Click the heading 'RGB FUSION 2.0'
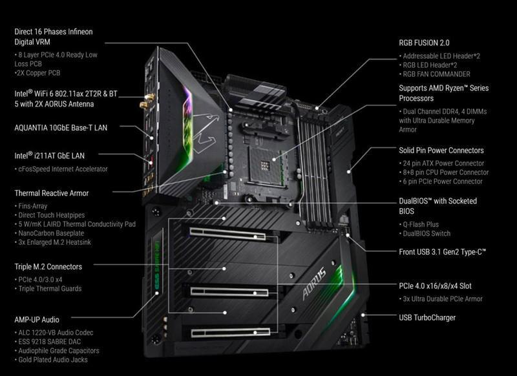point(424,43)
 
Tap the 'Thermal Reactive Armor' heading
point(52,193)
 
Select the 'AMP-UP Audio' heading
point(37,320)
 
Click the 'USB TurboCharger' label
point(427,318)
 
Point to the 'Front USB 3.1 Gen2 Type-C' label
point(443,252)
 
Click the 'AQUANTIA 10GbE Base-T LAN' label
point(61,128)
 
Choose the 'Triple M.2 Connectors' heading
point(48,267)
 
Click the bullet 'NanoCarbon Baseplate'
point(50,233)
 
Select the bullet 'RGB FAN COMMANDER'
point(435,74)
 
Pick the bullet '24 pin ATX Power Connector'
point(442,163)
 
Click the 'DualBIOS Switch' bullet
point(425,234)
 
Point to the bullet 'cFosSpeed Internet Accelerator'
point(61,169)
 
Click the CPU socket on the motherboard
point(266,165)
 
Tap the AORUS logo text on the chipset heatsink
point(314,284)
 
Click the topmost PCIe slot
point(227,233)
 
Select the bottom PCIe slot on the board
point(231,333)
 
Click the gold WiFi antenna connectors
point(147,101)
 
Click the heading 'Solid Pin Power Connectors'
point(441,151)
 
